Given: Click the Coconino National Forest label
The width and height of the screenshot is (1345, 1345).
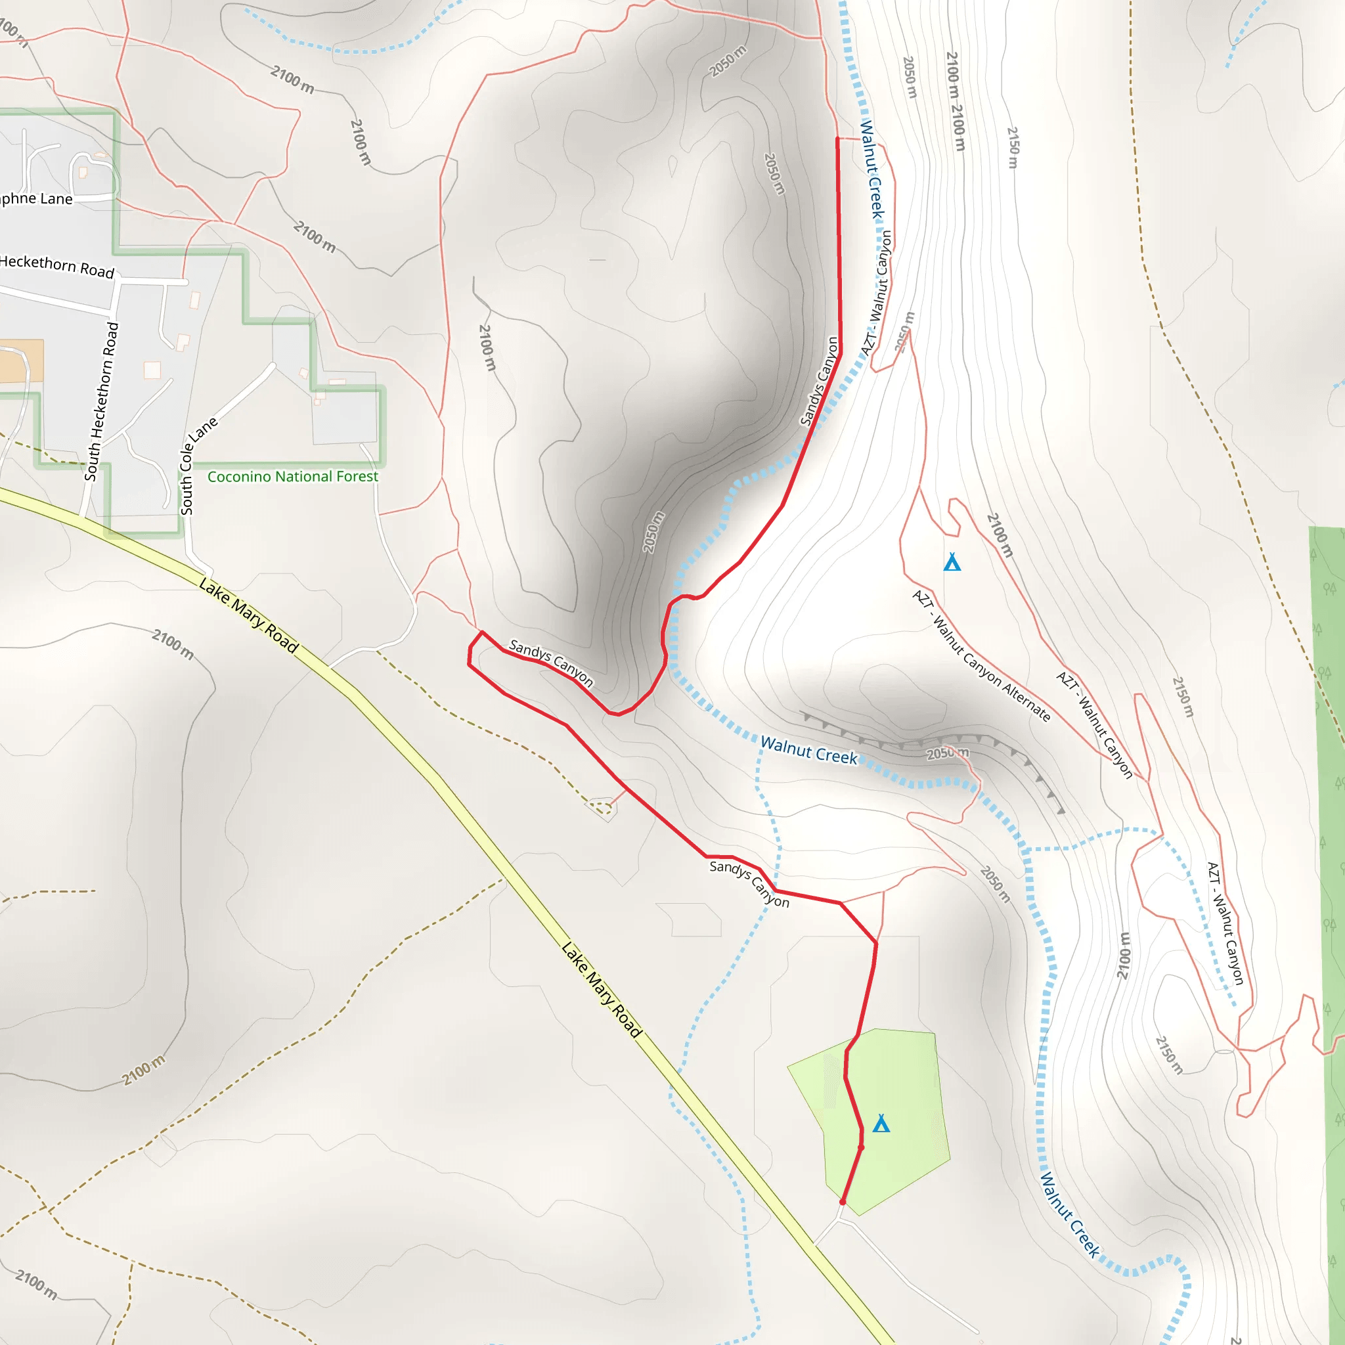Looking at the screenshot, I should click(292, 476).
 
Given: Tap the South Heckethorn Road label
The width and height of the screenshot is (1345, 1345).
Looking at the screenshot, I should click(102, 402).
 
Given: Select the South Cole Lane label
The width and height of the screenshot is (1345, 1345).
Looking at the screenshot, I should click(197, 466).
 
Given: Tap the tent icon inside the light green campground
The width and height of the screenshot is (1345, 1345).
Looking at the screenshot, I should click(881, 1124).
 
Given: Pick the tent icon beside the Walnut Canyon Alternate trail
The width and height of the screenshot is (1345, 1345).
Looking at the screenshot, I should click(952, 562).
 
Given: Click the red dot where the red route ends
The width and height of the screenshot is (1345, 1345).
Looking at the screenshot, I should click(843, 1202).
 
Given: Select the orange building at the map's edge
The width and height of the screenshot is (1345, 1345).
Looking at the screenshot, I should click(21, 361).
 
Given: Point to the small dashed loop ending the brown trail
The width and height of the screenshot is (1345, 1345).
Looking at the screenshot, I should click(600, 808).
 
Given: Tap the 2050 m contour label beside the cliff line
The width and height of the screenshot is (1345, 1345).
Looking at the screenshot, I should click(948, 753).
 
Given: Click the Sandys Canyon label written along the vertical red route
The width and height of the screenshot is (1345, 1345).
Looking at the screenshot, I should click(820, 381).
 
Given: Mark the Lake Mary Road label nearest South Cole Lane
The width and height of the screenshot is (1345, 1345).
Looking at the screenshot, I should click(248, 615).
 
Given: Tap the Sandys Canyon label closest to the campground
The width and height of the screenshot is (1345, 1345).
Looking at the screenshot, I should click(749, 883).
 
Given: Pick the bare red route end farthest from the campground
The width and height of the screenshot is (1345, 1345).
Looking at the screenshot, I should click(837, 139).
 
